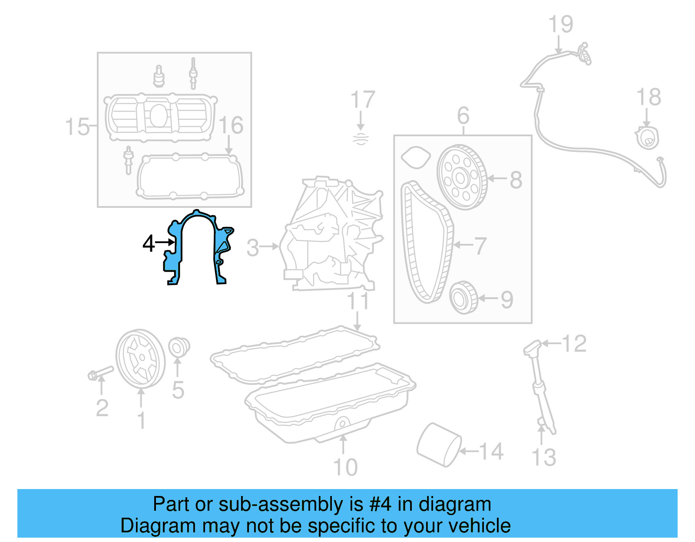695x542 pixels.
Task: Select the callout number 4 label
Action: (x=148, y=243)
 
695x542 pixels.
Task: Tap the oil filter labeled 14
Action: (x=438, y=444)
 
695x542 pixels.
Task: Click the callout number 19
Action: (x=560, y=24)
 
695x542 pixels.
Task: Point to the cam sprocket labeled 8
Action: (x=462, y=177)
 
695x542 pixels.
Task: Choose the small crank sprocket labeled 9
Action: (x=463, y=297)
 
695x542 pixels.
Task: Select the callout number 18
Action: (x=649, y=97)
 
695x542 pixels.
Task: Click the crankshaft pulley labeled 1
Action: (x=140, y=358)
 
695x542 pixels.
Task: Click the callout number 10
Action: (x=345, y=467)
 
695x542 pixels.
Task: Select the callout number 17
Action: (x=362, y=100)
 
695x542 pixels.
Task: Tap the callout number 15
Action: (x=77, y=127)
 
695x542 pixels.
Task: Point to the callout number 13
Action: (x=544, y=457)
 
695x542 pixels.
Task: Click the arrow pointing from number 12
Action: (x=551, y=344)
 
